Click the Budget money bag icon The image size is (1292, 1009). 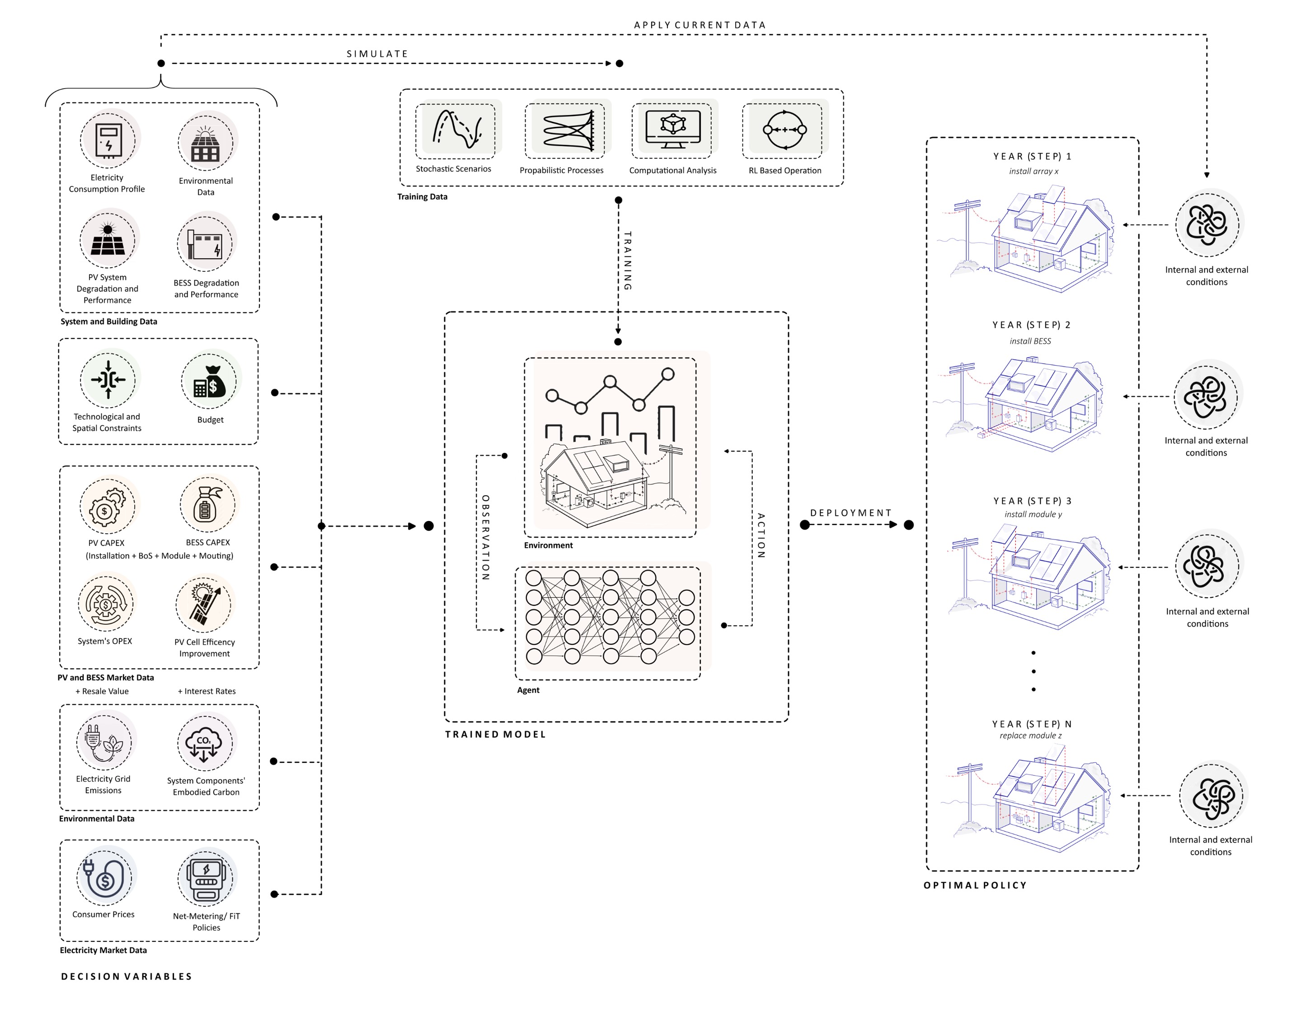(209, 381)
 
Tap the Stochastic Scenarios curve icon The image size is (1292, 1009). (455, 130)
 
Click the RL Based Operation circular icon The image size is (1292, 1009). (784, 130)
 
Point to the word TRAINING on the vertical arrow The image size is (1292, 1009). (627, 260)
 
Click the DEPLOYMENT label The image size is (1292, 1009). (850, 513)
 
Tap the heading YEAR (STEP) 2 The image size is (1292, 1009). (1031, 325)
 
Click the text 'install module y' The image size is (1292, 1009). (1033, 514)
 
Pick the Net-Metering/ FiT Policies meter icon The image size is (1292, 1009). (207, 878)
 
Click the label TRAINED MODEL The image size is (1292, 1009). (495, 735)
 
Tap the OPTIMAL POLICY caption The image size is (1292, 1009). (975, 885)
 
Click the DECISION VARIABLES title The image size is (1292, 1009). (127, 976)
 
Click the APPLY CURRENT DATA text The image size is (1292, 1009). (700, 25)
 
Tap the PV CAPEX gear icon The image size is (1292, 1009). (107, 507)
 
